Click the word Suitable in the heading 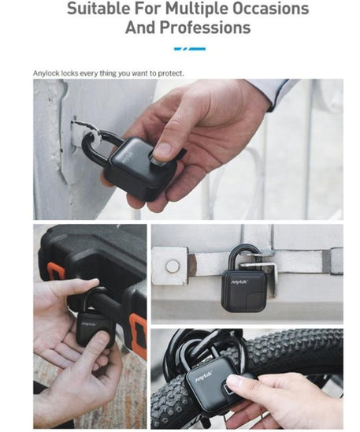click(x=98, y=8)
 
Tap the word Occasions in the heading click(x=271, y=8)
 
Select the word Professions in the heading click(x=205, y=28)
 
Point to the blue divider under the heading click(x=190, y=49)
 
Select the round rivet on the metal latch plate click(x=173, y=266)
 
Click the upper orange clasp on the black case click(x=54, y=272)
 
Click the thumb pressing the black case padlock click(x=102, y=340)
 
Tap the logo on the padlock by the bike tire click(x=204, y=376)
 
